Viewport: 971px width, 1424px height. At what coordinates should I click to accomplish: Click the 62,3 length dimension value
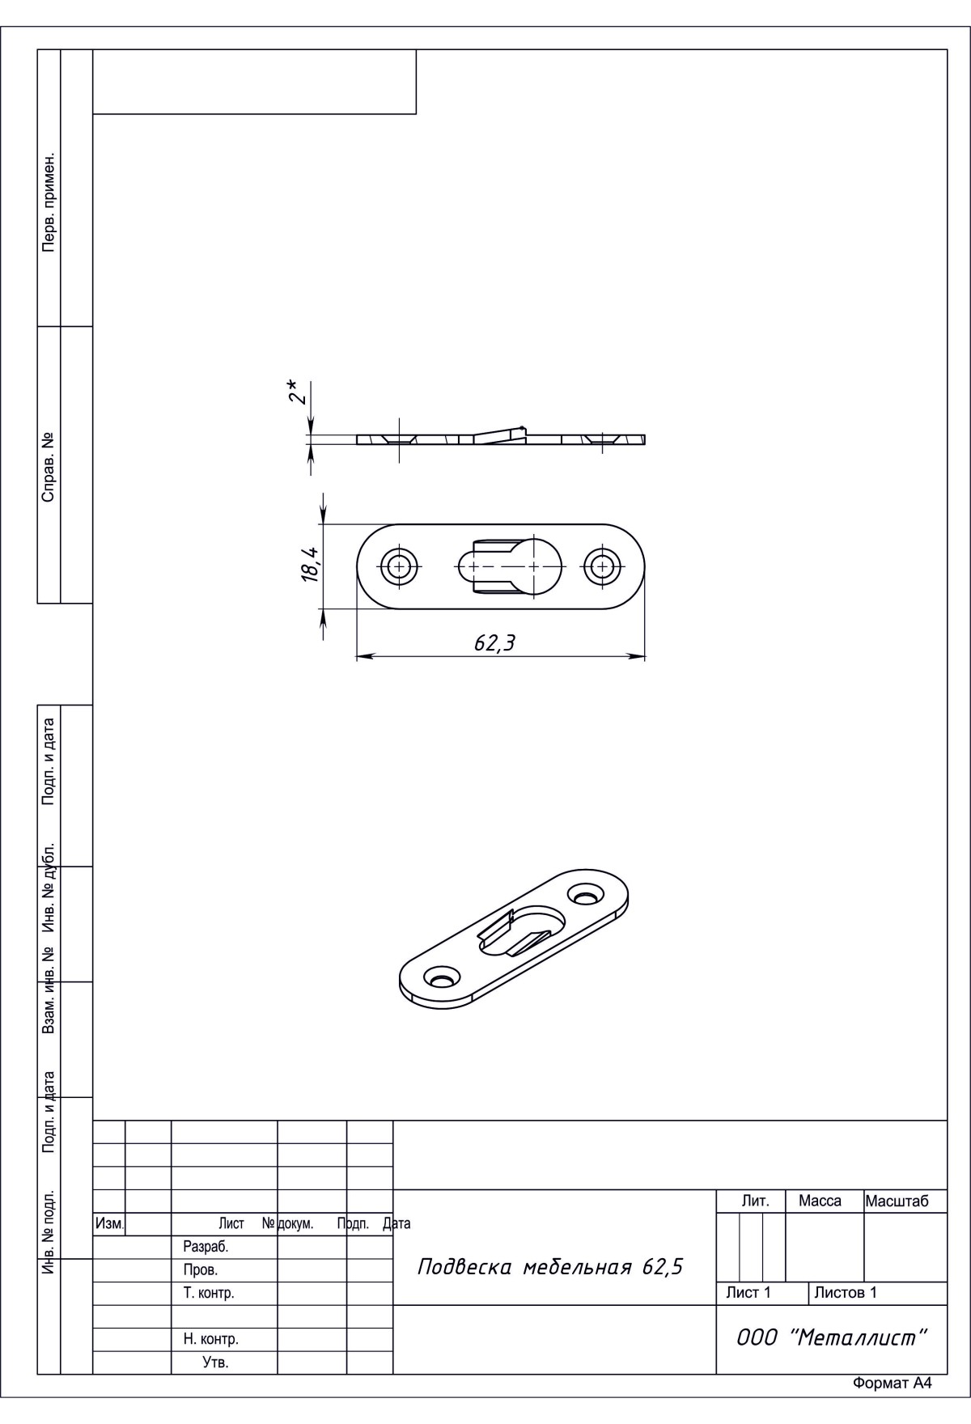(494, 642)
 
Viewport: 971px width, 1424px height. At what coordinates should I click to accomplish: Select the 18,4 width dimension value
(311, 565)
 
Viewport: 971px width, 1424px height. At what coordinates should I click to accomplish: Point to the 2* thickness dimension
(299, 392)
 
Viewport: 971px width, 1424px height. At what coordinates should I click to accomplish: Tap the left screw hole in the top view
(399, 566)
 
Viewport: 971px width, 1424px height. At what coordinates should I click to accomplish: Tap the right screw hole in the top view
(602, 566)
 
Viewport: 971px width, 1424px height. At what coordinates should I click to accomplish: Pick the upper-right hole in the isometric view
(586, 895)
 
